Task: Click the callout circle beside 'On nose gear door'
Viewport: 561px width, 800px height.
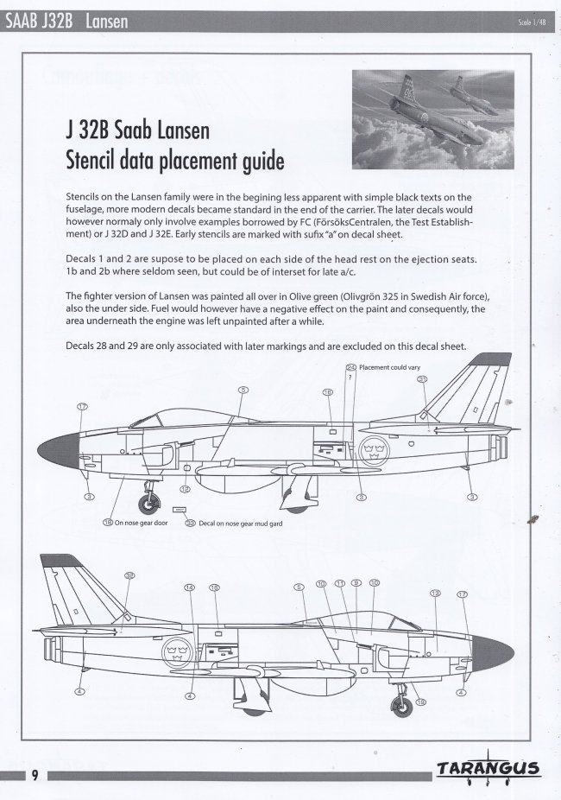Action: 107,523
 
